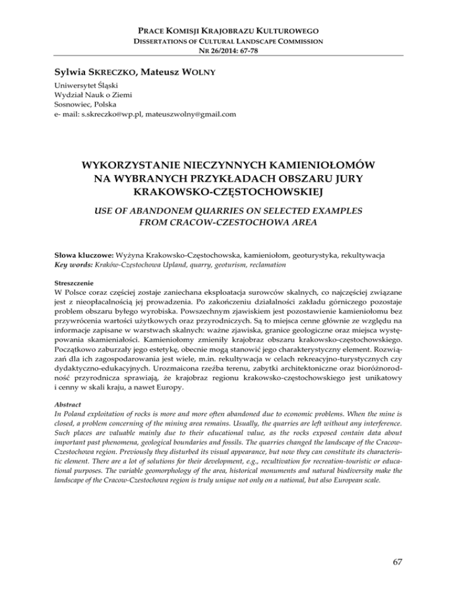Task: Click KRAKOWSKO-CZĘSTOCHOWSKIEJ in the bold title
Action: [228, 194]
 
